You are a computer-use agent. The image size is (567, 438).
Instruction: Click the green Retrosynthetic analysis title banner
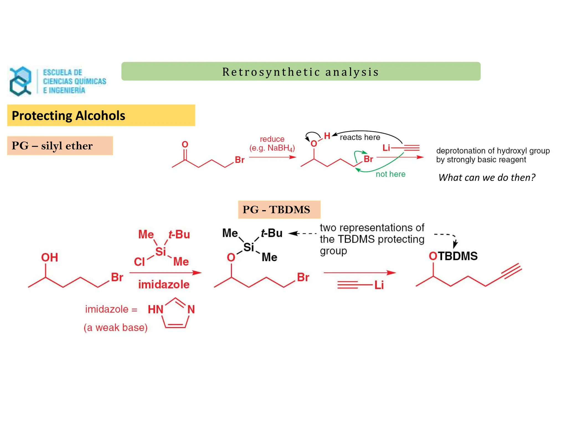[x=301, y=72]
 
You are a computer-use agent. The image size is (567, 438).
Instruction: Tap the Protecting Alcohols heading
[x=68, y=115]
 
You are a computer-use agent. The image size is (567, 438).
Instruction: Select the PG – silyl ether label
[x=52, y=146]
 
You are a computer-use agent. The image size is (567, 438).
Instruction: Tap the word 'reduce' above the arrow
[x=272, y=139]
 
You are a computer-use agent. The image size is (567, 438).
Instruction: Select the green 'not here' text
[x=390, y=174]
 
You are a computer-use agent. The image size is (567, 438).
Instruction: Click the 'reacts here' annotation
[x=360, y=137]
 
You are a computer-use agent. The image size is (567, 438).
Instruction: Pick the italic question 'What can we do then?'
[x=487, y=177]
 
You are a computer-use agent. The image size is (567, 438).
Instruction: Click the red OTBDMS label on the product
[x=453, y=256]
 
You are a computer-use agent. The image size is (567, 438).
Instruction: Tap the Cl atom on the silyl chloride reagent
[x=139, y=262]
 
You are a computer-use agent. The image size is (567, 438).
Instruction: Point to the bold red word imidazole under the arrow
[x=164, y=285]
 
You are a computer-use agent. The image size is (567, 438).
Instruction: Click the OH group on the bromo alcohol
[x=50, y=257]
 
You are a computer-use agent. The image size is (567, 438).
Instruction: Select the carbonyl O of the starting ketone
[x=185, y=144]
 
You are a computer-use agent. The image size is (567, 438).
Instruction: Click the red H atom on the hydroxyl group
[x=327, y=136]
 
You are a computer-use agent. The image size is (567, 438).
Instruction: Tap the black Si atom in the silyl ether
[x=249, y=247]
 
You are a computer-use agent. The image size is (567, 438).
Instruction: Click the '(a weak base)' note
[x=115, y=328]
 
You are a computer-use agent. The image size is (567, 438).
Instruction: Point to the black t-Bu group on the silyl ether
[x=272, y=233]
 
